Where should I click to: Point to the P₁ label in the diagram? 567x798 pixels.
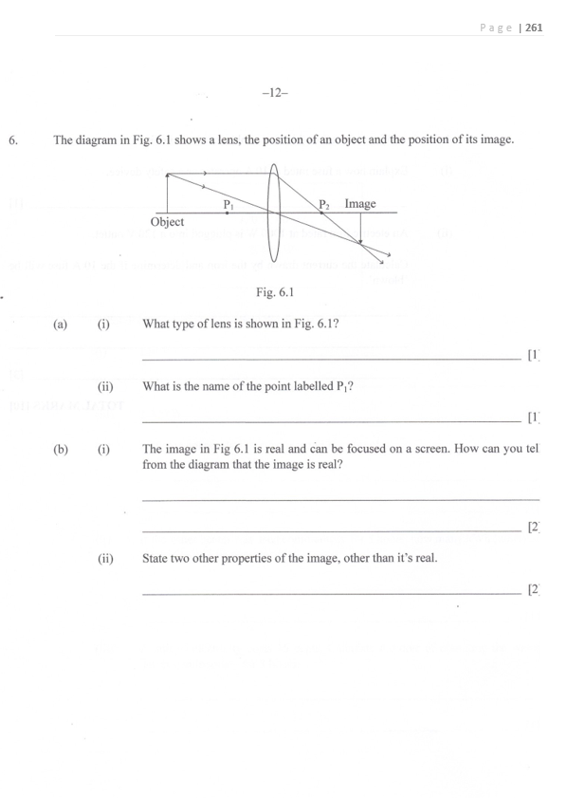(x=229, y=203)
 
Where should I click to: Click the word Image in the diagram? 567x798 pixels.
(x=360, y=203)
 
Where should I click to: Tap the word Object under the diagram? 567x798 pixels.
(x=168, y=222)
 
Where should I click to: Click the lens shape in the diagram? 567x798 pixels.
(x=274, y=213)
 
